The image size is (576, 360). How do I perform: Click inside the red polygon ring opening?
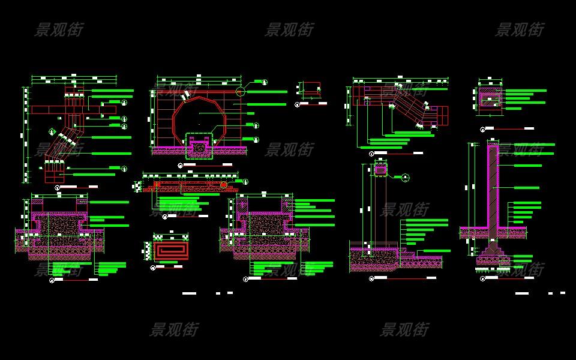click(x=198, y=117)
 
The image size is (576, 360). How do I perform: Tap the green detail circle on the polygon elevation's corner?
click(x=241, y=92)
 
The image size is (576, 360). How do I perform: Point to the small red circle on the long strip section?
click(x=224, y=185)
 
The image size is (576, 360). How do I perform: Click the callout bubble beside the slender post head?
click(x=406, y=177)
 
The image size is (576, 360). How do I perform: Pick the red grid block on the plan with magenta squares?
click(x=441, y=116)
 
